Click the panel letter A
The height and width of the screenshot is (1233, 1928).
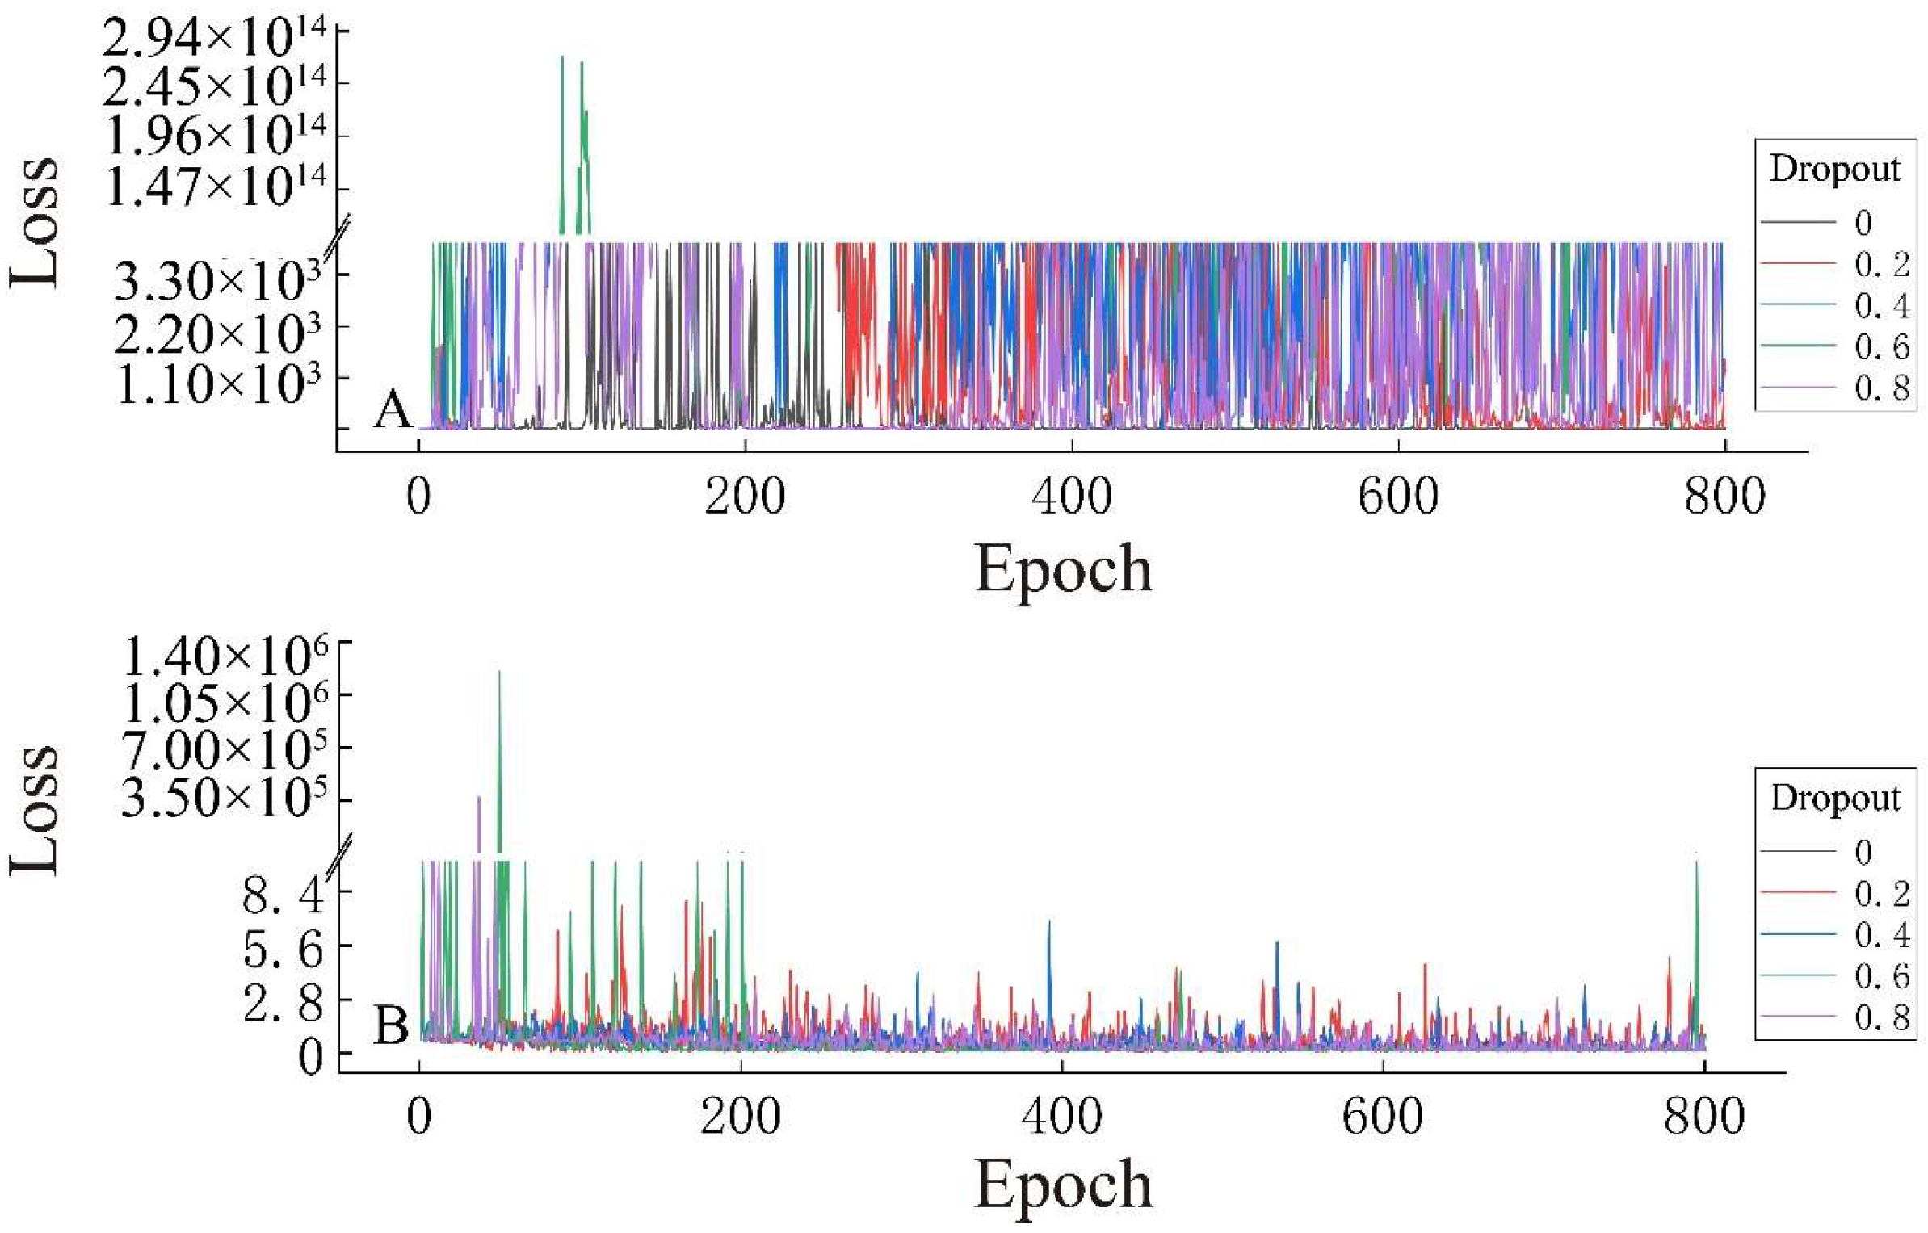[x=393, y=409]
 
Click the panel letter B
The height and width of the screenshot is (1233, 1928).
[x=392, y=1026]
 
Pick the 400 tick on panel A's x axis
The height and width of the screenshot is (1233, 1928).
[x=1071, y=496]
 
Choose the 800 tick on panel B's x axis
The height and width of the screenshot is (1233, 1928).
[x=1704, y=1117]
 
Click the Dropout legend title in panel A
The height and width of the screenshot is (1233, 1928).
[x=1834, y=169]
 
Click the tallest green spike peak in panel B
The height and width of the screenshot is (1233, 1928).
[x=499, y=672]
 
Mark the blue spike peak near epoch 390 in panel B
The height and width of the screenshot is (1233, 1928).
[x=1049, y=921]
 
